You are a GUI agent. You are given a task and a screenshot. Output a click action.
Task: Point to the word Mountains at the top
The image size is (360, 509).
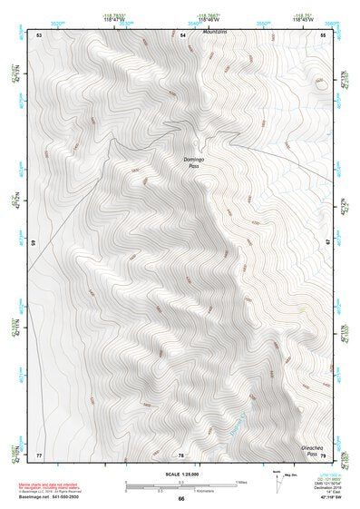coord(215,32)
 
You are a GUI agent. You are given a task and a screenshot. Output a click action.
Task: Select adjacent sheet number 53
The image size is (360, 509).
coord(40,34)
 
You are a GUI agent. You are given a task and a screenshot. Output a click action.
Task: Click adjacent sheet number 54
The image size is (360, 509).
coord(181,34)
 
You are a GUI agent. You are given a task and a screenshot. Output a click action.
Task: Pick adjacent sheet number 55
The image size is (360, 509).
coord(323,34)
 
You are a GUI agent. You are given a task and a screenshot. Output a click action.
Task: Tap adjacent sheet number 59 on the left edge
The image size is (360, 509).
coord(34,243)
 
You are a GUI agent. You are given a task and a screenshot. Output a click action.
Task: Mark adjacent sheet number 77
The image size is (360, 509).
coord(40,454)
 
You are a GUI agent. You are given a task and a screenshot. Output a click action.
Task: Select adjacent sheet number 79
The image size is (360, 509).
coord(322,455)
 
